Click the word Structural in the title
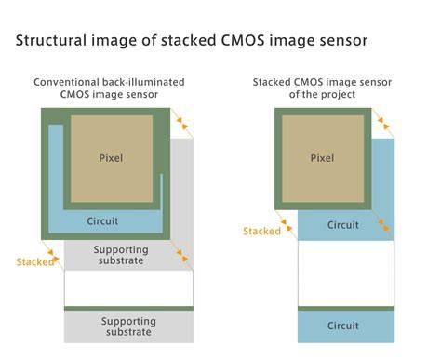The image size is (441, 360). tap(51, 41)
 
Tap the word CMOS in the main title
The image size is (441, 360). tap(242, 41)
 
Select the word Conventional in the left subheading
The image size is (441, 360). tap(66, 82)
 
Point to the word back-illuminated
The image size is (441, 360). tap(143, 82)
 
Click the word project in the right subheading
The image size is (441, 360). tap(340, 94)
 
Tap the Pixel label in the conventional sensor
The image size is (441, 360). tap(111, 158)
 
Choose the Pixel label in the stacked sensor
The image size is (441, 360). tap(322, 158)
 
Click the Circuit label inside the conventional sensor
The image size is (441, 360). tap(102, 221)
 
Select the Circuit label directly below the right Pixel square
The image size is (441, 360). tap(343, 225)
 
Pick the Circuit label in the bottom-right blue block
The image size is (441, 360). tap(343, 326)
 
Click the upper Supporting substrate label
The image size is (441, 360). tap(121, 255)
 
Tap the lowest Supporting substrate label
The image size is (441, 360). tap(128, 327)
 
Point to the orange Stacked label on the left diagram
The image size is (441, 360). tap(35, 262)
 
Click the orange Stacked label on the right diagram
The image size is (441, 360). tap(262, 231)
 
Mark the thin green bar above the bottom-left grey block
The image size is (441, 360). tap(128, 309)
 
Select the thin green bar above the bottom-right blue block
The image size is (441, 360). tap(346, 309)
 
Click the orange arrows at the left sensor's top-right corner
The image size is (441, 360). tap(182, 123)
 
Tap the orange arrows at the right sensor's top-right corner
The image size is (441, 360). tap(383, 124)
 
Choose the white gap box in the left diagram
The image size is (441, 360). tap(128, 288)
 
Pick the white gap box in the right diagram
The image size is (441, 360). tap(346, 273)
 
